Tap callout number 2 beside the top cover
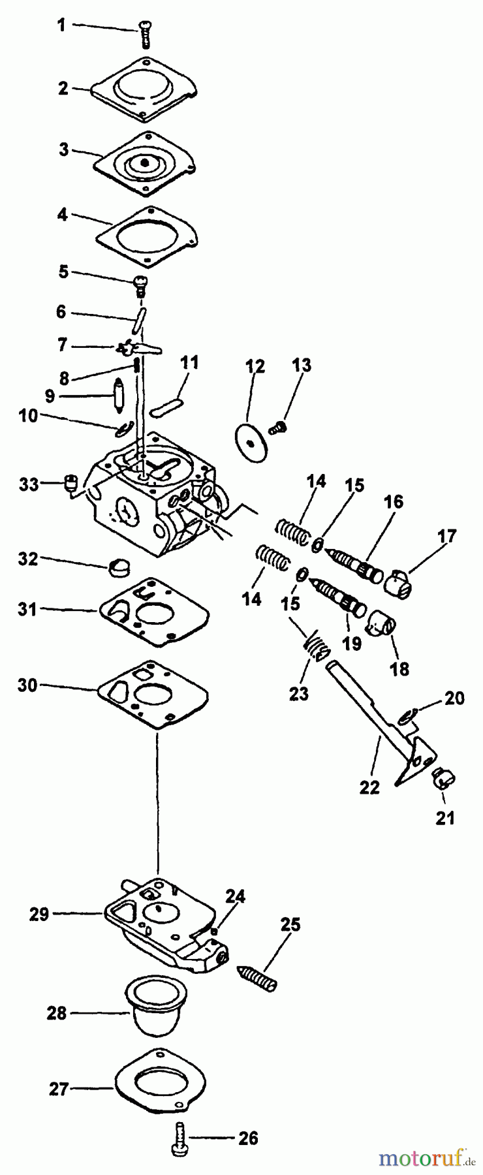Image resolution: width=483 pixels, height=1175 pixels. pos(63,88)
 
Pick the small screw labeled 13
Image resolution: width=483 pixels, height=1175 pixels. pos(279,428)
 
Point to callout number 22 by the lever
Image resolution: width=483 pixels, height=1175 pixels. pos(369,787)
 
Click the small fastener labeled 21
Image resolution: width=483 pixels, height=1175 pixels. pos(444,778)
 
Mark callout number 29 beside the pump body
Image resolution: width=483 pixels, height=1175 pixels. pos(39,914)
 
